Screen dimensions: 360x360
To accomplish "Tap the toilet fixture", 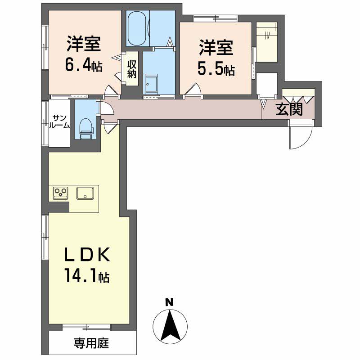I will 85,127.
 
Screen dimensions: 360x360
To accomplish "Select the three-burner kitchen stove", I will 60,193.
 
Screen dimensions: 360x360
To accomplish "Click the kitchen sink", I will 85,193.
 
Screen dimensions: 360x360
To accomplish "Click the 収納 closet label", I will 131,70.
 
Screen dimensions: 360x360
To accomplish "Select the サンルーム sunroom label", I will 60,121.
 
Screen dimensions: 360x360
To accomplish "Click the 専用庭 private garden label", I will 91,345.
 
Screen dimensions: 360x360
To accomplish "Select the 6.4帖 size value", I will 84,66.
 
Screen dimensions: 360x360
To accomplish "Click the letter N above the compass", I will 169,302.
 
